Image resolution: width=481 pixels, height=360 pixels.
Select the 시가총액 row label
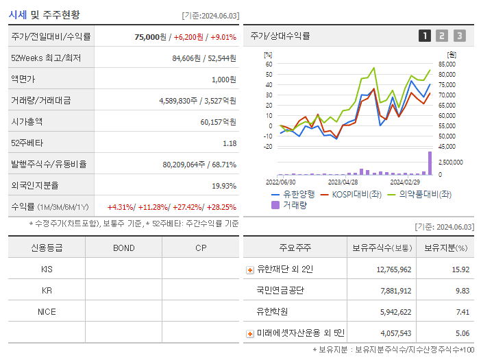coord(27,121)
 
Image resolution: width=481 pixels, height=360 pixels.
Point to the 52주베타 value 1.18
coord(230,143)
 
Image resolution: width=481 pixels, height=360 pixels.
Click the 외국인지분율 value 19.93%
coord(224,186)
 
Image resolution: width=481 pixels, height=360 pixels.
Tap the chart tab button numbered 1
coord(425,36)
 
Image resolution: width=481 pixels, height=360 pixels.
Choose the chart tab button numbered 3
coord(459,36)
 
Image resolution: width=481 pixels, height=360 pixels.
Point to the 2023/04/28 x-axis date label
coord(343,182)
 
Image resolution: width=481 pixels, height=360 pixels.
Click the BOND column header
coord(123,248)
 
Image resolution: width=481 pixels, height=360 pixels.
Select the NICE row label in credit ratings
coord(47,312)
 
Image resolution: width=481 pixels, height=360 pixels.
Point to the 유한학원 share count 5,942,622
coord(393,312)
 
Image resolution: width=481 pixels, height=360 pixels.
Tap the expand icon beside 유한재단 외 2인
coord(249,269)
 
